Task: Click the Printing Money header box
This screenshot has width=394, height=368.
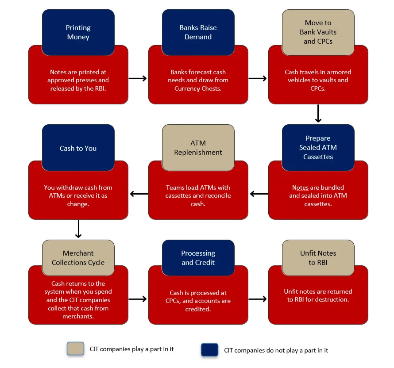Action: click(78, 32)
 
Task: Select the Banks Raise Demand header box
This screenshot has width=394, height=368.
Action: click(198, 32)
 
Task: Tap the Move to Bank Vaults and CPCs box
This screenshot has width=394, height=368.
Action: click(318, 32)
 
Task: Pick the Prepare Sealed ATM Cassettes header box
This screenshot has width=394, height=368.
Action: click(318, 147)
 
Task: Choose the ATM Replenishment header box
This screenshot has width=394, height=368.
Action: click(198, 147)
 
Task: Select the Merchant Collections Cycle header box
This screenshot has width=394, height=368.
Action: click(78, 258)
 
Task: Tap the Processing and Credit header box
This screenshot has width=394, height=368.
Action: click(198, 258)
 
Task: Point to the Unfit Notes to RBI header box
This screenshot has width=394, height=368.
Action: click(318, 258)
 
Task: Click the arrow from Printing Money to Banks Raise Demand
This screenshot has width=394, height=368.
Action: click(138, 78)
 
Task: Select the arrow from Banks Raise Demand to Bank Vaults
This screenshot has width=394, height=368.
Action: click(258, 78)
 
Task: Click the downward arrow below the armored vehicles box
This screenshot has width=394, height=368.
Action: click(318, 114)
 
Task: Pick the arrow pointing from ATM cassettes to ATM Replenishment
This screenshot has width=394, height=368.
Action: click(259, 194)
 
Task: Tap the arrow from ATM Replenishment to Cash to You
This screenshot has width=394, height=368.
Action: click(139, 194)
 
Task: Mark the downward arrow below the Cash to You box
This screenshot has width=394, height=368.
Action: click(78, 229)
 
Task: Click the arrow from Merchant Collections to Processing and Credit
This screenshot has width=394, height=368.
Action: click(138, 299)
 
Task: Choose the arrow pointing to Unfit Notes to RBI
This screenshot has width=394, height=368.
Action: click(258, 299)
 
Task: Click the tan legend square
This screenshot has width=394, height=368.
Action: click(75, 349)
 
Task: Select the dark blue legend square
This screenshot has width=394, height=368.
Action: click(209, 350)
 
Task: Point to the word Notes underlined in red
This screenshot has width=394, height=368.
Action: click(301, 188)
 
